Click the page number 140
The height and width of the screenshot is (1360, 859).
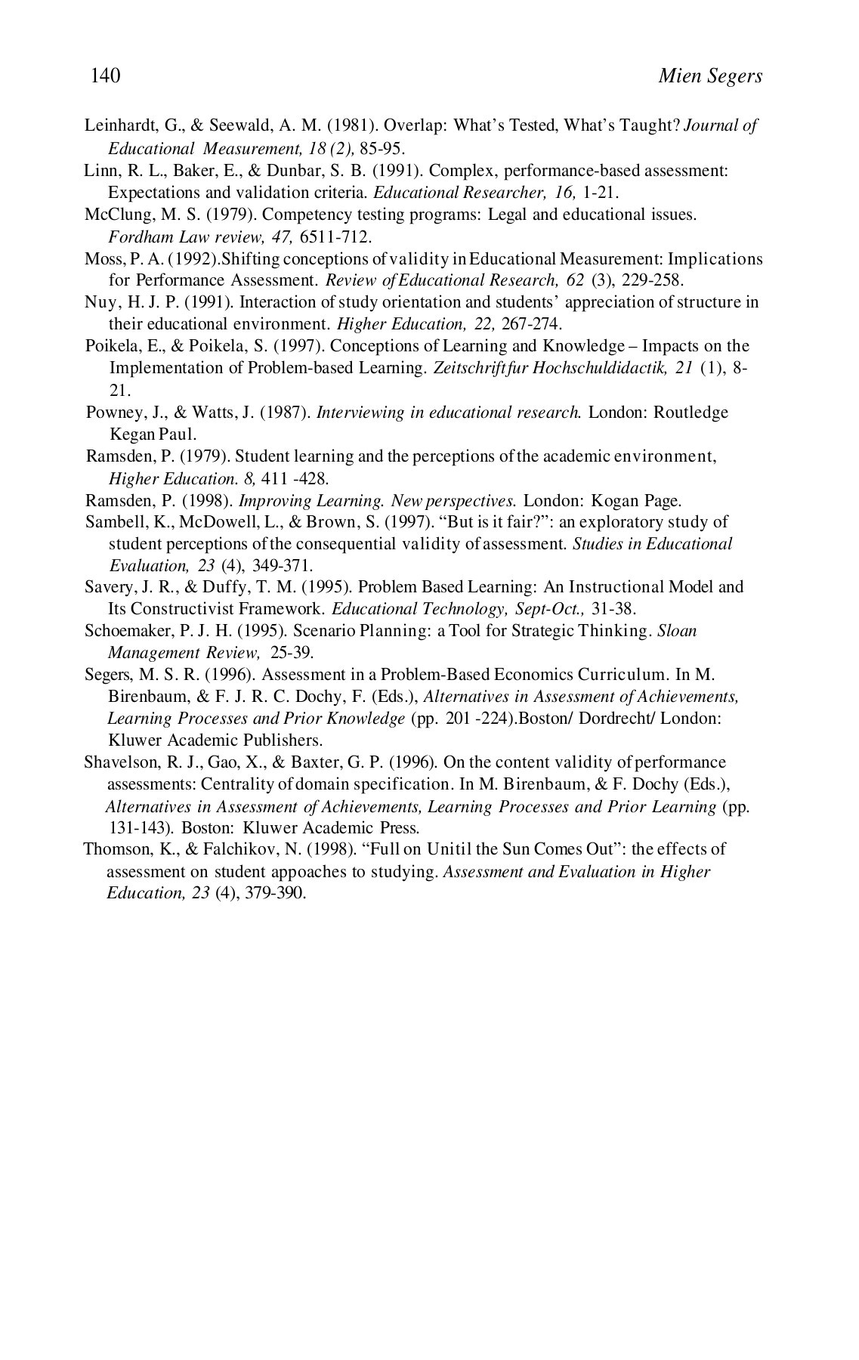[106, 76]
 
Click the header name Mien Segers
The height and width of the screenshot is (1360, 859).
[709, 76]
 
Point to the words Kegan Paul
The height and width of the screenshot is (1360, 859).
[153, 434]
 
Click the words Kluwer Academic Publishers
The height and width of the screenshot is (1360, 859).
[215, 740]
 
